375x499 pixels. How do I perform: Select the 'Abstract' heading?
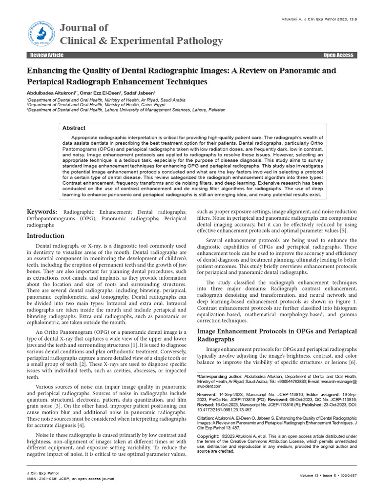(x=74, y=128)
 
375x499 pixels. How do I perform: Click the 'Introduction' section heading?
(x=45, y=235)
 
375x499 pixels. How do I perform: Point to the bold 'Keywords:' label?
(x=42, y=212)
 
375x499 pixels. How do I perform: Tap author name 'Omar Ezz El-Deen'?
(x=106, y=93)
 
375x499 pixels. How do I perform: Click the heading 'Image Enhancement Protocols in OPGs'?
(x=276, y=331)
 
